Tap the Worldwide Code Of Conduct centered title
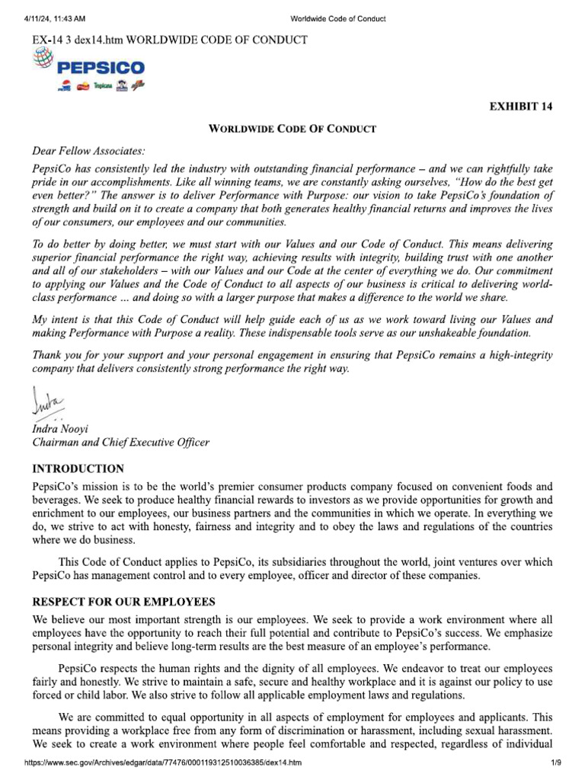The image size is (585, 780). click(x=292, y=129)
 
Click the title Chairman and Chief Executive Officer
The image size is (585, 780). click(x=120, y=442)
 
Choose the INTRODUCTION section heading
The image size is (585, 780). click(x=77, y=468)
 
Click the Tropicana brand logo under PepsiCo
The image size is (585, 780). click(x=102, y=88)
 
